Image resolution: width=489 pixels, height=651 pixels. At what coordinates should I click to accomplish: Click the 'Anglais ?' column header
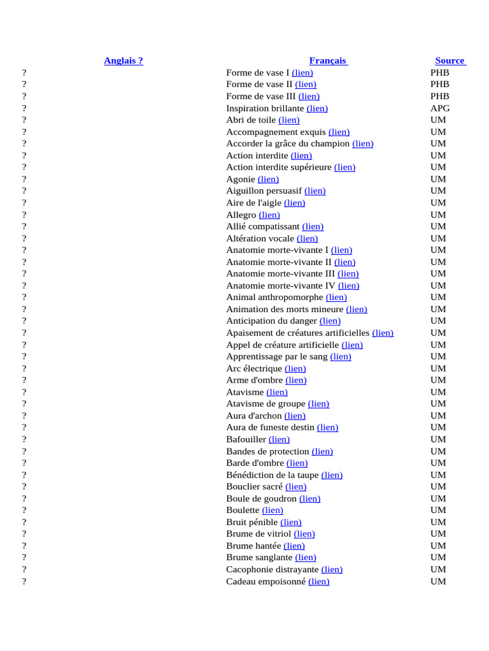pos(124,60)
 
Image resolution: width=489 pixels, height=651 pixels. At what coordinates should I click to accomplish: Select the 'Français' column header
pos(328,60)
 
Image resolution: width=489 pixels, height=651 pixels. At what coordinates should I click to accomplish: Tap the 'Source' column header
pos(450,60)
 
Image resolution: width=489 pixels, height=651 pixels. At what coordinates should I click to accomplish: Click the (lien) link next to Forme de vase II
pos(306,84)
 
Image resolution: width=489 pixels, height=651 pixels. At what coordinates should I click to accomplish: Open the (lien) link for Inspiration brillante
pos(317,108)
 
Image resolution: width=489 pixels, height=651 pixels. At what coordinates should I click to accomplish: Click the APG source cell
pos(440,108)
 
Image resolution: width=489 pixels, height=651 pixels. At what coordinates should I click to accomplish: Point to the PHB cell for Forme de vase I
pos(440,72)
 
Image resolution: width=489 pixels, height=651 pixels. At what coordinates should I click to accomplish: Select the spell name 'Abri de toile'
pos(251,120)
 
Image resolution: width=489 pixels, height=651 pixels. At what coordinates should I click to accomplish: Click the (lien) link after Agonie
pos(268,179)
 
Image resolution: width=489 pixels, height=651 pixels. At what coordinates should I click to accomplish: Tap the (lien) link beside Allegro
pos(269,215)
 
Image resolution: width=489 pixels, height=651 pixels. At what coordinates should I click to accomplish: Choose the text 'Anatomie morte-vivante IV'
pos(280,285)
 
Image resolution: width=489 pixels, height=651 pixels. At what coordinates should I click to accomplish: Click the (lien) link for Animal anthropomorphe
pos(336,297)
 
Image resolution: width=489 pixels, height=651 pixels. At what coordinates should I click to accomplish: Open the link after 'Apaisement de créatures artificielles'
pos(383,332)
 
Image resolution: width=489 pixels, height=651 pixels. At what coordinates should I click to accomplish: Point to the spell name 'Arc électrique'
pos(253,368)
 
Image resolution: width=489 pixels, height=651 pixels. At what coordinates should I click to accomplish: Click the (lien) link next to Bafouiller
pos(279,439)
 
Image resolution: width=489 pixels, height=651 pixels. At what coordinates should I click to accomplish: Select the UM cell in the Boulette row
pos(438,510)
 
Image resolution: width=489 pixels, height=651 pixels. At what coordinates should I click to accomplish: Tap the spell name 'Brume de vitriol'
pos(259,533)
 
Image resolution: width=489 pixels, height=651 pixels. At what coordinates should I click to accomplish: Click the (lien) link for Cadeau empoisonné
pos(319,581)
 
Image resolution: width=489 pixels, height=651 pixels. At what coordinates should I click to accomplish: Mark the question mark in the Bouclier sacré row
pos(24,486)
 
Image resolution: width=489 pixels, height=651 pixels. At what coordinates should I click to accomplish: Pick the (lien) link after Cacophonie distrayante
pos(332,569)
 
